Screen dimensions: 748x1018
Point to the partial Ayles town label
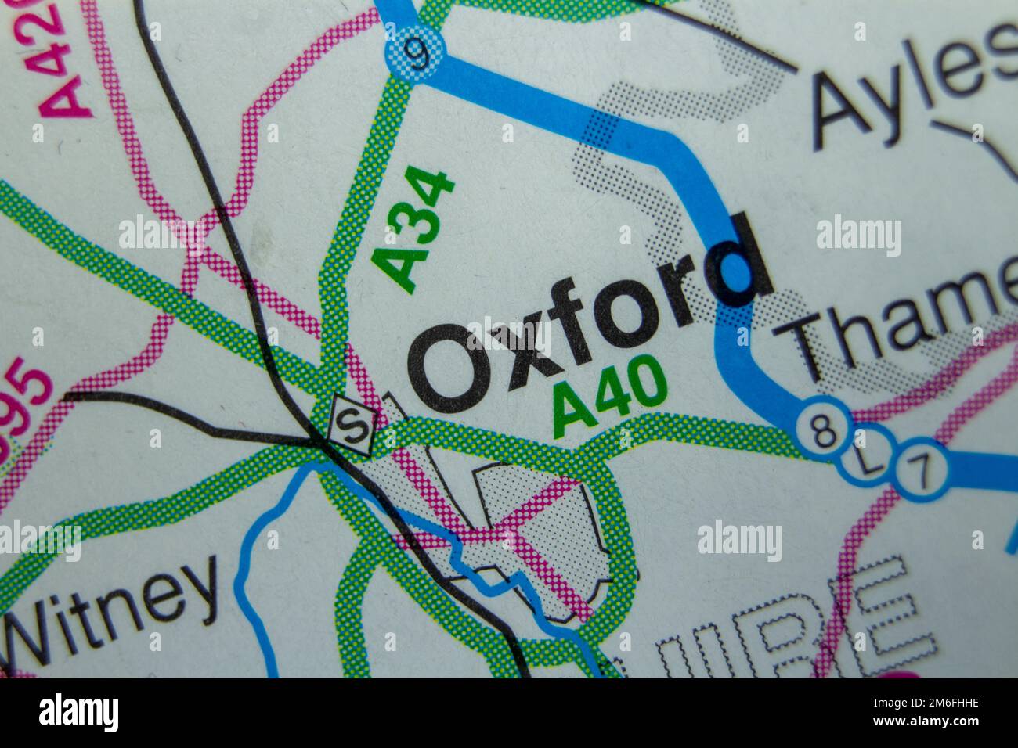point(912,82)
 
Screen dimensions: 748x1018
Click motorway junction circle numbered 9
point(416,53)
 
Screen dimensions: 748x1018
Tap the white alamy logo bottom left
point(78,713)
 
